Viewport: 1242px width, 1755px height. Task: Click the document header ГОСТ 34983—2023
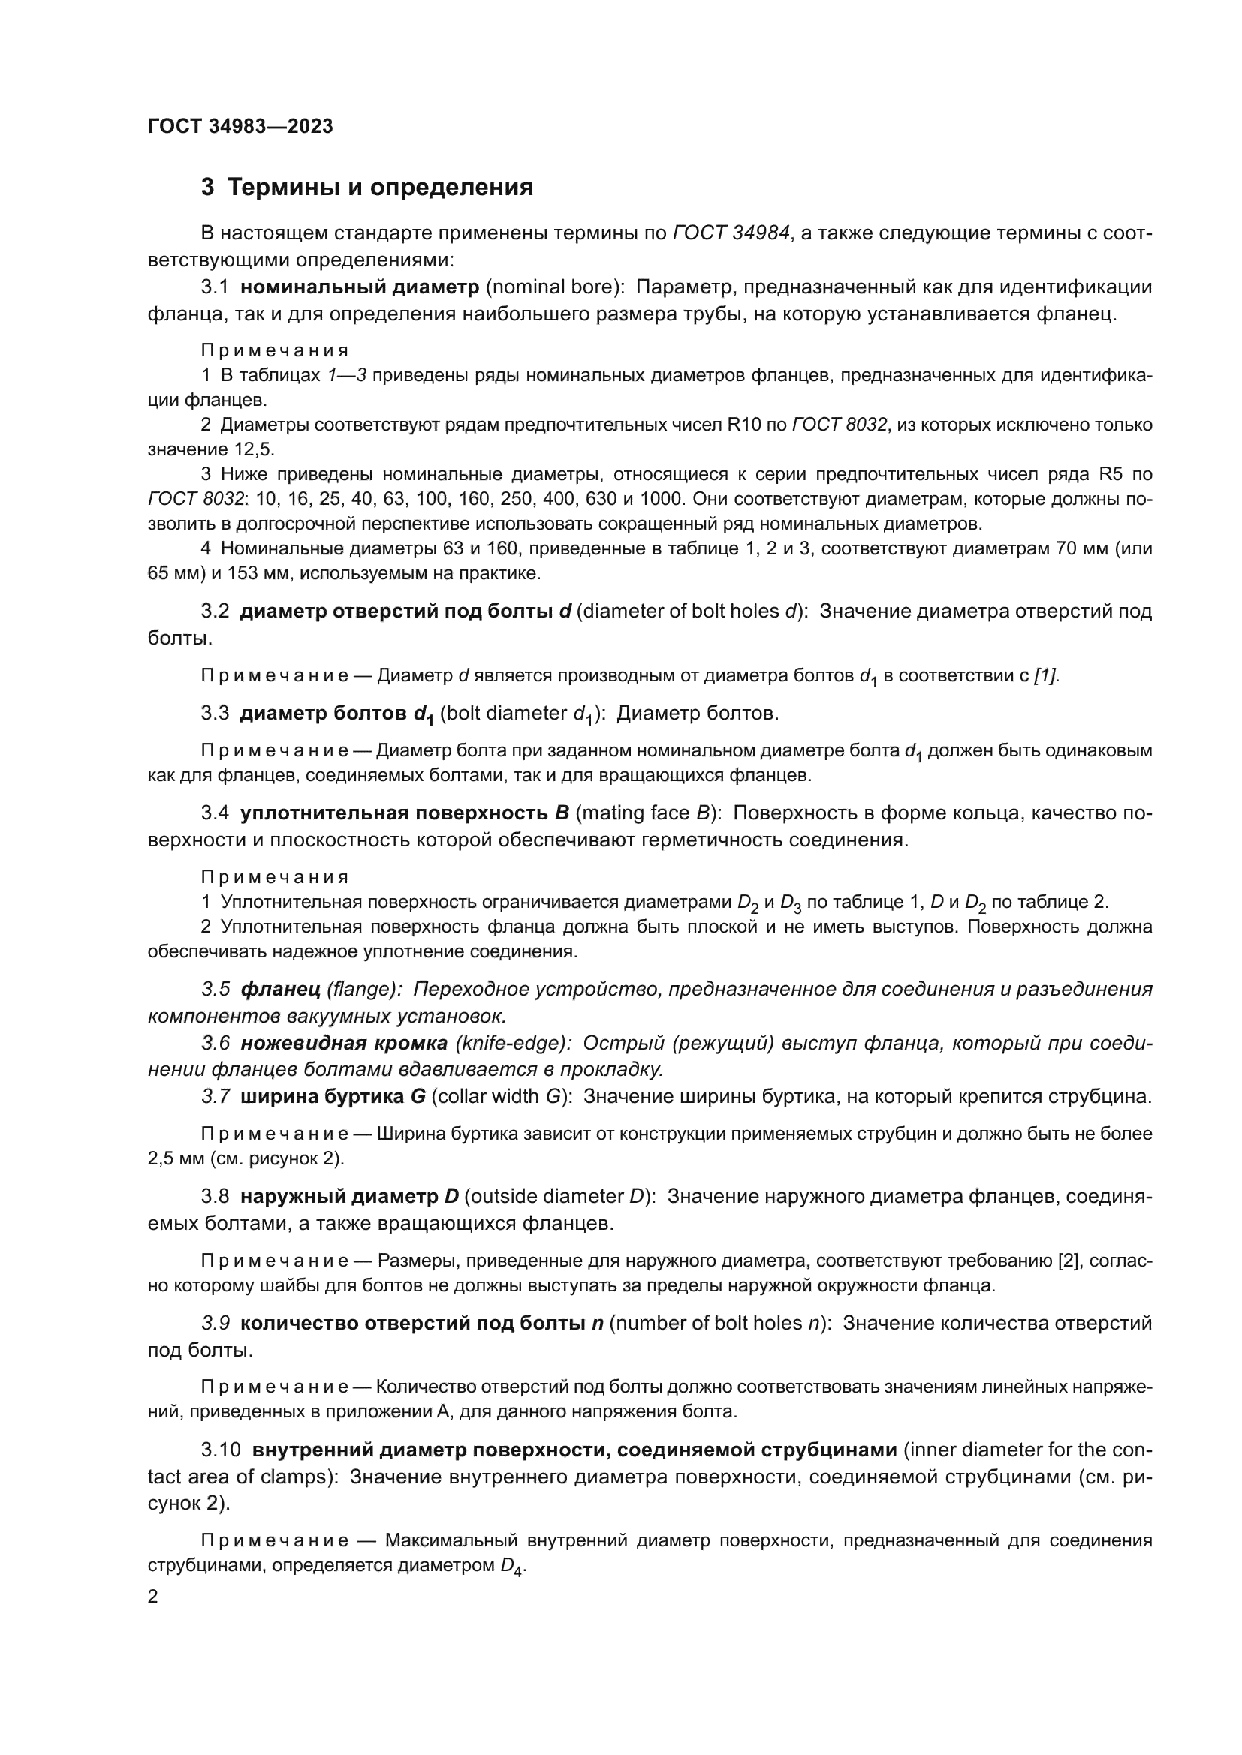click(240, 127)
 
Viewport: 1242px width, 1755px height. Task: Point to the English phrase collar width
click(488, 1097)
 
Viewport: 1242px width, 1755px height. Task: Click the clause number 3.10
click(221, 1450)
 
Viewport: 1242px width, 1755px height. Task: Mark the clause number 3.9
click(216, 1323)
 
